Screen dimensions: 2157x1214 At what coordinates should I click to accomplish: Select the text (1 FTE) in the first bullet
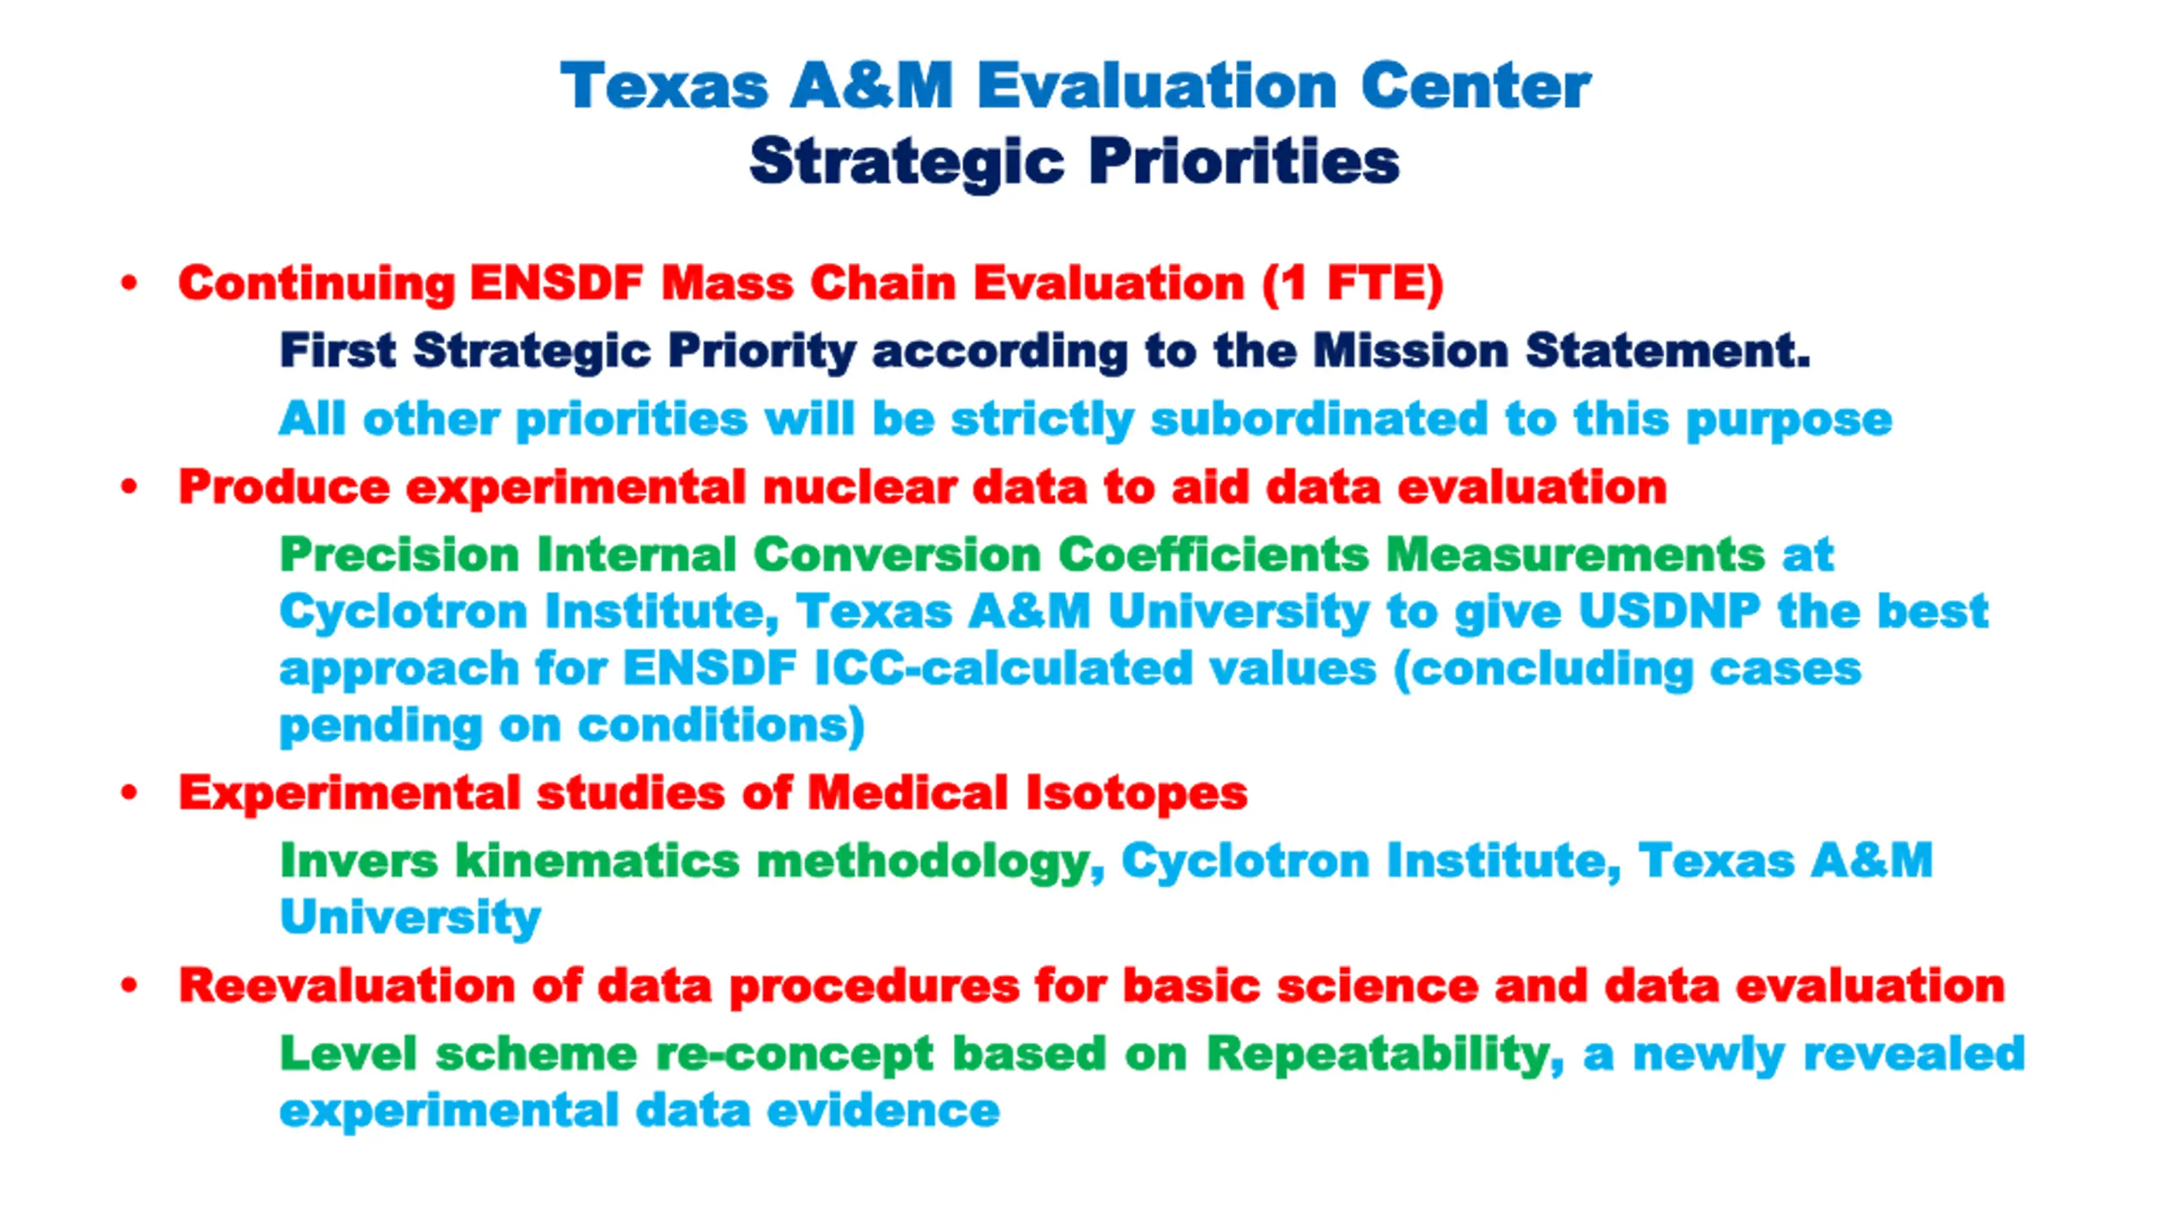(x=1352, y=283)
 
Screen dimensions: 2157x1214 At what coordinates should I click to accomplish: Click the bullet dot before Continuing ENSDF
(x=129, y=282)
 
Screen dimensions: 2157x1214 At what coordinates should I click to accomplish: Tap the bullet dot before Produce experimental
(x=129, y=486)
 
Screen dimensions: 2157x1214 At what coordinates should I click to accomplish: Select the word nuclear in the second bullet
(x=858, y=487)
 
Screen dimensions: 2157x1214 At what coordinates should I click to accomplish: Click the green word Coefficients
(x=1213, y=555)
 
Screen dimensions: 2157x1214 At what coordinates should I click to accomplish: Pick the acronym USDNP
(x=1669, y=611)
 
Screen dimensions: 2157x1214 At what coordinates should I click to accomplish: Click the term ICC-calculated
(x=1003, y=669)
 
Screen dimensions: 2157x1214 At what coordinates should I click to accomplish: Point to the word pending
(x=380, y=727)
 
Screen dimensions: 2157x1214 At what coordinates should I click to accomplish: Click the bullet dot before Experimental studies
(x=129, y=792)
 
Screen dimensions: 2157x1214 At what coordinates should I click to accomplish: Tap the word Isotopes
(x=1137, y=794)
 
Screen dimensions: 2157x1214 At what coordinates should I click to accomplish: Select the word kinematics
(x=597, y=861)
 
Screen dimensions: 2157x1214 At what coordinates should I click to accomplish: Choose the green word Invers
(x=359, y=861)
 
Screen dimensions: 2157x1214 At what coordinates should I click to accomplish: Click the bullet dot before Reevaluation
(x=129, y=985)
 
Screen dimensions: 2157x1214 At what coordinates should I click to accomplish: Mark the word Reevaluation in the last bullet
(x=346, y=986)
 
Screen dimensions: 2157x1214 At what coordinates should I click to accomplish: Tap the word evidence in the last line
(x=883, y=1110)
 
